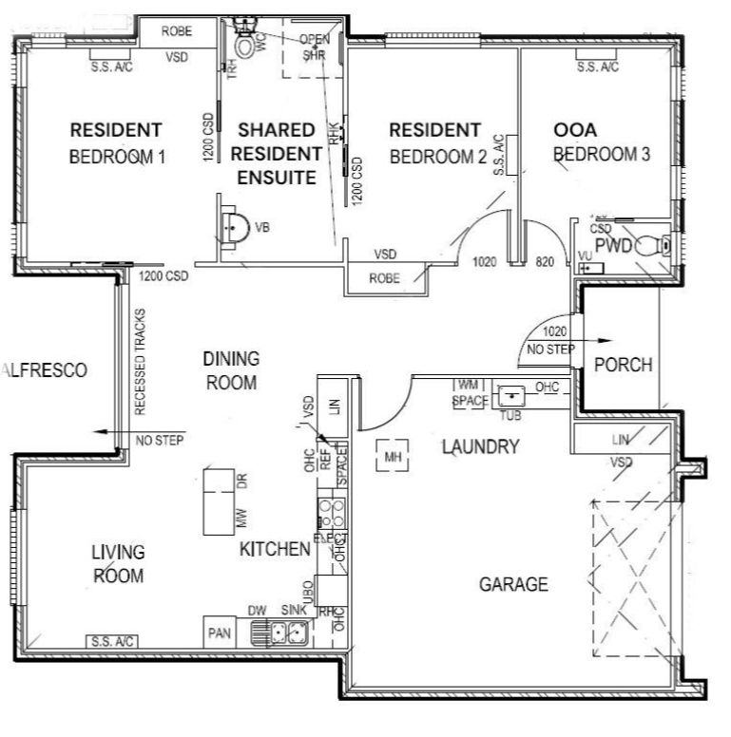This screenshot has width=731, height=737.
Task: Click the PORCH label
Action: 623,365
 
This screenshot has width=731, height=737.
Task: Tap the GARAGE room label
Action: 512,584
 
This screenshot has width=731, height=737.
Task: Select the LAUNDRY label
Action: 480,446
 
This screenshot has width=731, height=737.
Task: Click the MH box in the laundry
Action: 394,458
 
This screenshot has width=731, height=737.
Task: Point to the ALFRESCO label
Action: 45,370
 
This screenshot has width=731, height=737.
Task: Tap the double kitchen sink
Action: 279,631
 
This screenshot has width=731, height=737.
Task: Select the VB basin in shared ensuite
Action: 237,228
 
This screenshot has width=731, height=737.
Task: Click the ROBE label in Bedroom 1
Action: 176,31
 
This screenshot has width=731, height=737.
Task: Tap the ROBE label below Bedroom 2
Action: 384,279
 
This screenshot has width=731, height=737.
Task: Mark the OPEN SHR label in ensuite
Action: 314,47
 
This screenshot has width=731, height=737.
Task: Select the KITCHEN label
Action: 274,549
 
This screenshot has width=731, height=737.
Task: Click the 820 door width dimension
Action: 545,261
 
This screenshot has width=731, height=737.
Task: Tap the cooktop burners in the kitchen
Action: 331,513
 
